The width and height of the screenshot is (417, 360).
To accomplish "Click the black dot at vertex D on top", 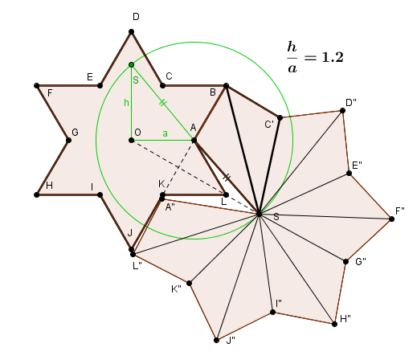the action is [x=131, y=32].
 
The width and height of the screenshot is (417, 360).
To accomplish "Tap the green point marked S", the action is [x=131, y=65].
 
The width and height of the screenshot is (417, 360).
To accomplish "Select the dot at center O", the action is [x=131, y=140].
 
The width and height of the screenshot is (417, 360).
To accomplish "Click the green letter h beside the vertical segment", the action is [x=126, y=102].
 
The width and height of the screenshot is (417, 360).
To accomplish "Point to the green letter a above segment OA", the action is [x=166, y=133].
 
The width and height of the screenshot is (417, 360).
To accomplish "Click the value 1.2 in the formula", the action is [x=333, y=57].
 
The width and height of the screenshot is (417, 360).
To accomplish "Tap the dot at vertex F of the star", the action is [x=37, y=86].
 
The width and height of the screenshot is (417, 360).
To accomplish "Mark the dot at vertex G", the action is [x=68, y=140].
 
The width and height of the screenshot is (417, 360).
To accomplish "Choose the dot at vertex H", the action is [x=37, y=194].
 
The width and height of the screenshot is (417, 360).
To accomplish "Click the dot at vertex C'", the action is [x=280, y=117].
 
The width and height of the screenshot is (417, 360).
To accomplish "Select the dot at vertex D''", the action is [x=342, y=110].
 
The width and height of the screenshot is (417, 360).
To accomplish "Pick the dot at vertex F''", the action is [x=391, y=219].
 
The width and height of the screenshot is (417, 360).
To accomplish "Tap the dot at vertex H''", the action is [x=334, y=324].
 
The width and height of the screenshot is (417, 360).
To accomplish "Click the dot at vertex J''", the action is [x=216, y=340].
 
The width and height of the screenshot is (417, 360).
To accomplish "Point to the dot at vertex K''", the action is [x=189, y=283].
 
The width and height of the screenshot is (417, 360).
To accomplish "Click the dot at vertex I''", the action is [x=272, y=312].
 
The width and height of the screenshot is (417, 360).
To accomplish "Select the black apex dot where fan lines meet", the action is [x=259, y=214].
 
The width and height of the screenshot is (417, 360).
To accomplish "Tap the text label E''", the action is [x=357, y=166].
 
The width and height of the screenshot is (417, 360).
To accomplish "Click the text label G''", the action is [x=361, y=262].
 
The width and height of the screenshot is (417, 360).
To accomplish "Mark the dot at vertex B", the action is [x=226, y=86].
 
